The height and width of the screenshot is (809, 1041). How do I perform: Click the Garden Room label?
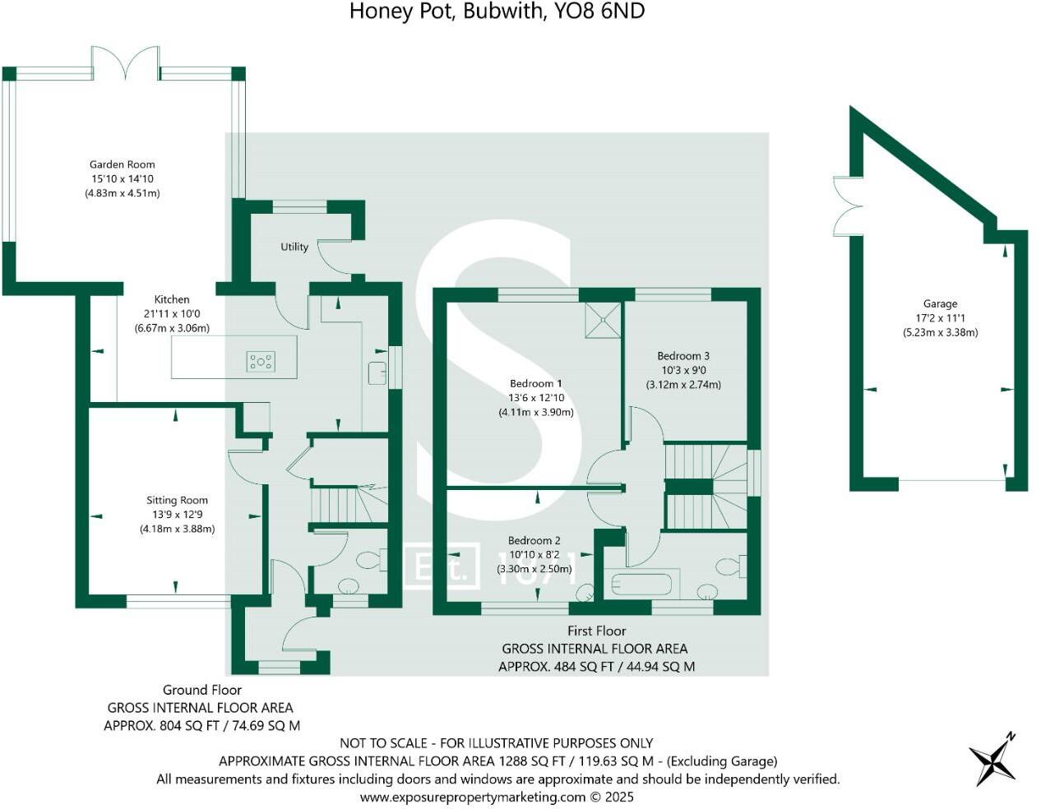tap(122, 164)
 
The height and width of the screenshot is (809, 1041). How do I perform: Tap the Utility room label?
tap(294, 247)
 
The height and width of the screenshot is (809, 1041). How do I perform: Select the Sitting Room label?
tap(177, 500)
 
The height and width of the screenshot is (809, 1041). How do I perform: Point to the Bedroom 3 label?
tap(683, 356)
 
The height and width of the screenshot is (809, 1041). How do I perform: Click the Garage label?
tap(940, 303)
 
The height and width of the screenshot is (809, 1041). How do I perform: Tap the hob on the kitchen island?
tap(261, 361)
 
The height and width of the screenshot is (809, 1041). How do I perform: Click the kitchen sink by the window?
tap(377, 372)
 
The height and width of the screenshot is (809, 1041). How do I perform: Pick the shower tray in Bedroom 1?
tap(604, 320)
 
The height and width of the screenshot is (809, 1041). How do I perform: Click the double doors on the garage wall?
tap(845, 205)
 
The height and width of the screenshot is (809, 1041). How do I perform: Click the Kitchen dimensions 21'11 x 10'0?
tap(172, 314)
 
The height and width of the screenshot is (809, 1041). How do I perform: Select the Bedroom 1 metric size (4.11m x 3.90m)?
tap(536, 413)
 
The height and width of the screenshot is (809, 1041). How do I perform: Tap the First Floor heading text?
tap(596, 631)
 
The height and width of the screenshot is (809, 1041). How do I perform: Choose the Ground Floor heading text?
tap(201, 690)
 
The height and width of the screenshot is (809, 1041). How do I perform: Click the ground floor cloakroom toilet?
tap(368, 561)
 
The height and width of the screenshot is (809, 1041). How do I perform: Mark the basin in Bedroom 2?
tap(585, 593)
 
